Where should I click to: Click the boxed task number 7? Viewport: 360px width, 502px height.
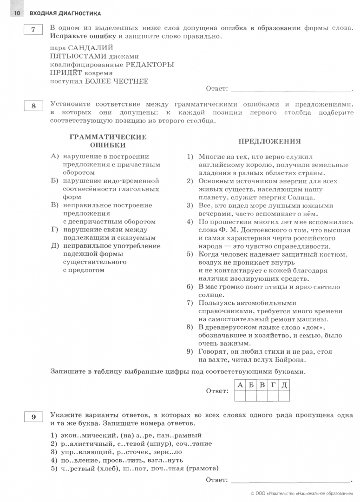[33, 30]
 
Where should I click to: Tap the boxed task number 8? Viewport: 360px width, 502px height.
[33, 106]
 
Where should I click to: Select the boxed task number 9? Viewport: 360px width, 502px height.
[33, 417]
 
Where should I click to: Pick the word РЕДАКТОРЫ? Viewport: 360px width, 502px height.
[148, 65]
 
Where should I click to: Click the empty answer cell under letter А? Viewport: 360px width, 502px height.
[240, 396]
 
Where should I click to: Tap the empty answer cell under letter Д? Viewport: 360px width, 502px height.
[284, 396]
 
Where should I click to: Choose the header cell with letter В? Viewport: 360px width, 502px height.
[262, 385]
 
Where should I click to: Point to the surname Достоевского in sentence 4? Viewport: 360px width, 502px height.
[259, 230]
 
